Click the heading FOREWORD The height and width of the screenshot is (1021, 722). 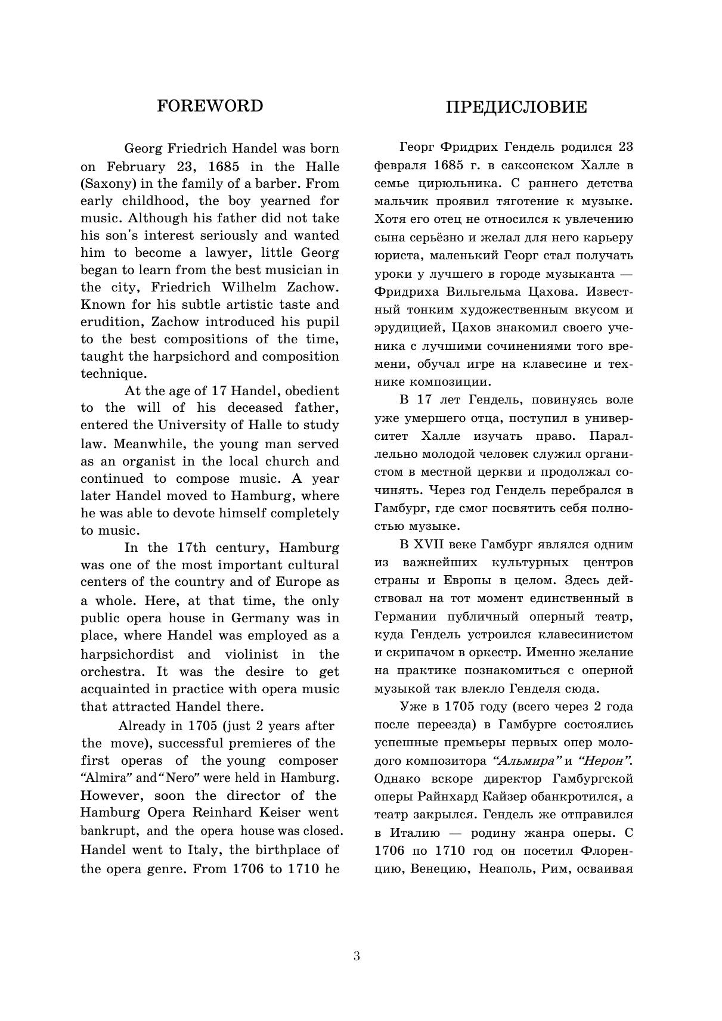(x=210, y=106)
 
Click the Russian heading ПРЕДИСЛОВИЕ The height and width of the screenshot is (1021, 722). (x=516, y=107)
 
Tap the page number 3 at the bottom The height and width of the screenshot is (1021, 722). (x=357, y=956)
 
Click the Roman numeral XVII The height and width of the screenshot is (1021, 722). (x=429, y=544)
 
